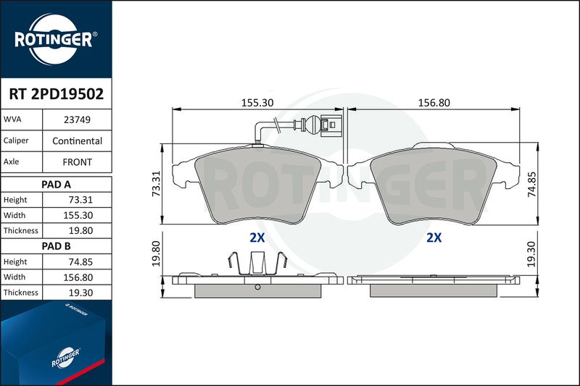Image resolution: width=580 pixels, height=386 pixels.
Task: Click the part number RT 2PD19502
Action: pyautogui.click(x=57, y=94)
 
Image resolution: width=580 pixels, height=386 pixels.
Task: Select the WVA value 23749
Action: pyautogui.click(x=77, y=119)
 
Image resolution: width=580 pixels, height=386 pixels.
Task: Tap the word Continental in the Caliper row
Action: pyautogui.click(x=77, y=140)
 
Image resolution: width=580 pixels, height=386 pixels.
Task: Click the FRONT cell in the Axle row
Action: pyautogui.click(x=77, y=162)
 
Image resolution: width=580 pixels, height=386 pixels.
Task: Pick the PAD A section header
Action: pyautogui.click(x=57, y=185)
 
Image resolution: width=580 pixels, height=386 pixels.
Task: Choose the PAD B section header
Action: pyautogui.click(x=57, y=246)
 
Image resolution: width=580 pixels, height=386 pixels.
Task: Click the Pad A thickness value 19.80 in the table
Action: pyautogui.click(x=80, y=230)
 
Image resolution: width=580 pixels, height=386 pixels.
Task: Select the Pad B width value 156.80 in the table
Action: pyautogui.click(x=78, y=277)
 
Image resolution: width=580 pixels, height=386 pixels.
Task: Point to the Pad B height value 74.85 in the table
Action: pyautogui.click(x=80, y=262)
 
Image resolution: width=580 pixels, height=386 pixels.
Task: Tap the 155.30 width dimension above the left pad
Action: pyautogui.click(x=257, y=103)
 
